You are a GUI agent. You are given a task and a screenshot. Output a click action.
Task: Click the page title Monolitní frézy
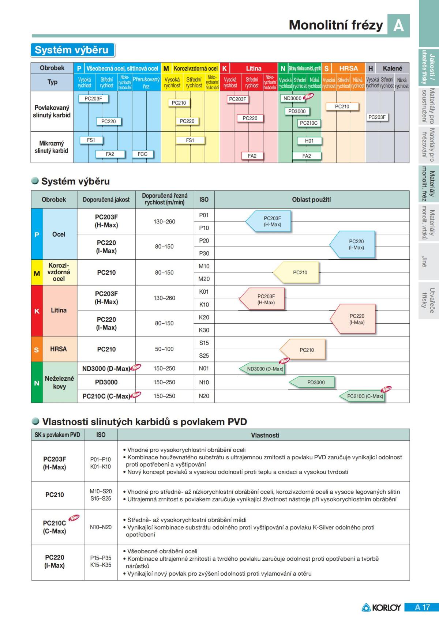335,25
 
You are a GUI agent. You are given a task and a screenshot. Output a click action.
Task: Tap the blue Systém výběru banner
72,50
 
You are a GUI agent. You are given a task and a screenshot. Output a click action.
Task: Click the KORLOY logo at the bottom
382,607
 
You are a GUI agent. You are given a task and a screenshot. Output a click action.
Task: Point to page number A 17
422,607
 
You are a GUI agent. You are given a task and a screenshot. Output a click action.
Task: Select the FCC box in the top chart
142,154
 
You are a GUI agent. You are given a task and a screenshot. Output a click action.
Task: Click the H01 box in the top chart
309,141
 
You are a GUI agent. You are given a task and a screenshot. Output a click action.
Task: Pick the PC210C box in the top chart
309,123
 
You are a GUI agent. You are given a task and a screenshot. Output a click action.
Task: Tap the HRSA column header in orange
348,68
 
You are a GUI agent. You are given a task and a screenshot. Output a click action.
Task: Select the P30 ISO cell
204,253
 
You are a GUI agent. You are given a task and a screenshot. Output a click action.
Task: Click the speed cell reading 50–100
164,349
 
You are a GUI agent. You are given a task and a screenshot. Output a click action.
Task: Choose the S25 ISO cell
204,355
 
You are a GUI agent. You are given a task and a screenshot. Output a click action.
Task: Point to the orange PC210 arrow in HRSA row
304,350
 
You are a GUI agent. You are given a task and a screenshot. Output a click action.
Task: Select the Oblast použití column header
311,200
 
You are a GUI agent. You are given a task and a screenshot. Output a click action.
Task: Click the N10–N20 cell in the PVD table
101,527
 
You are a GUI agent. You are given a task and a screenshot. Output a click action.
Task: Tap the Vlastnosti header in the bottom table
265,435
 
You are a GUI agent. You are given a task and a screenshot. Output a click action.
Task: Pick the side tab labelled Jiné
424,261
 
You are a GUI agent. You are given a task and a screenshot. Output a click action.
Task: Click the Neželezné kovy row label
59,382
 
